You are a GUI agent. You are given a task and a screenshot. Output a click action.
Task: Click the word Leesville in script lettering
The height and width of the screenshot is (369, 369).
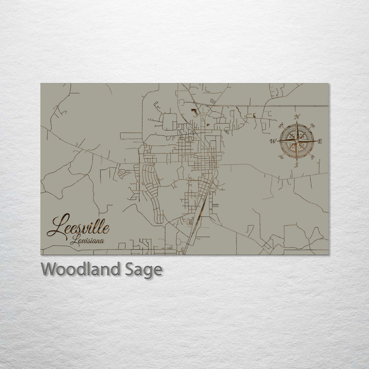[x=77, y=226]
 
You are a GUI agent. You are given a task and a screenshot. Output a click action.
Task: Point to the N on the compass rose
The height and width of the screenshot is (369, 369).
[x=297, y=117]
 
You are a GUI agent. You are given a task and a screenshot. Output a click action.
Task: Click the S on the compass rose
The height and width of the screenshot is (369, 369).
[x=297, y=165]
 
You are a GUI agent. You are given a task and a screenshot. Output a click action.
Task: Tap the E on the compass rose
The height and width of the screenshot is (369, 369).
[x=320, y=141]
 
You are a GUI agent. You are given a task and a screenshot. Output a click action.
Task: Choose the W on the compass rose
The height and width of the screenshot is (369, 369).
[x=273, y=141]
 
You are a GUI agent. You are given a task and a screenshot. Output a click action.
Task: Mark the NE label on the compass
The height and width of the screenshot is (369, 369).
[x=313, y=125]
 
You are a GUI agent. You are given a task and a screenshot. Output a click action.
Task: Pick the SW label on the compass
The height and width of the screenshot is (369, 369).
[x=281, y=157]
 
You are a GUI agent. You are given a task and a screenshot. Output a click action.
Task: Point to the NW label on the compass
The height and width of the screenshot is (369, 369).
[x=281, y=125]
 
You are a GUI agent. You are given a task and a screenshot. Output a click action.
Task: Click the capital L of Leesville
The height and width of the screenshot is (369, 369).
[x=55, y=225]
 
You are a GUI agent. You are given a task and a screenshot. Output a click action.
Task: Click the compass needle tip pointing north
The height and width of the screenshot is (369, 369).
[x=297, y=123]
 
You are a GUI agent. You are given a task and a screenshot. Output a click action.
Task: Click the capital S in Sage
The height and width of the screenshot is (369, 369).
[x=131, y=269]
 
